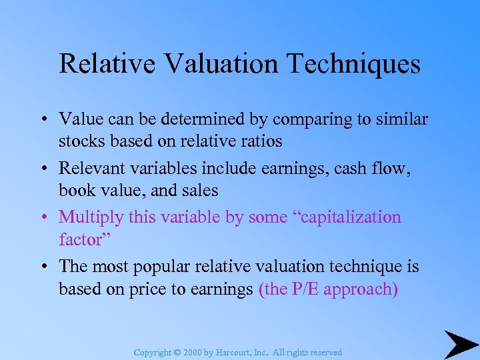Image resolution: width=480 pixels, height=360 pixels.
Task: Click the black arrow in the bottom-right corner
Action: point(461,344)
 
